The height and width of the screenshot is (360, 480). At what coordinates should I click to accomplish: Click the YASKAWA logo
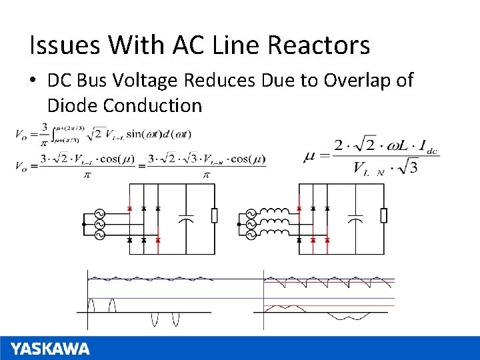50,349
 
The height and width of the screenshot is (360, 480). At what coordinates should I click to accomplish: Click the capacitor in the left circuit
187,217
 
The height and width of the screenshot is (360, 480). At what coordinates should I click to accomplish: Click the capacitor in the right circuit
356,217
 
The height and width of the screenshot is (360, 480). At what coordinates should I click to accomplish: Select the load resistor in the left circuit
214,215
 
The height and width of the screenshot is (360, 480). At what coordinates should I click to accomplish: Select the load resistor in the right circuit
383,215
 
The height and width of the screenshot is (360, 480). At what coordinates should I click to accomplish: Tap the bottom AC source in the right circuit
251,233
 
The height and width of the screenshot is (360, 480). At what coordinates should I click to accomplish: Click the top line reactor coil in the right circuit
275,211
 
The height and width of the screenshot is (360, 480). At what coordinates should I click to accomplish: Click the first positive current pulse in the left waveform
93,305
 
